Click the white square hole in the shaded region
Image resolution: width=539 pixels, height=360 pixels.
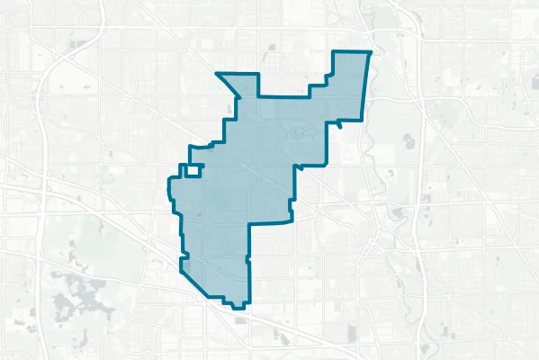[191, 170]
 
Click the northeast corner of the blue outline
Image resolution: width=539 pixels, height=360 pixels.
[371, 52]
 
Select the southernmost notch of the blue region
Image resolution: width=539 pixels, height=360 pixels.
[238, 306]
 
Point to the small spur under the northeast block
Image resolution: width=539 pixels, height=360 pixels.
[340, 127]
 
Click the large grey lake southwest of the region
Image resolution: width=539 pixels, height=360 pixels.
[81, 292]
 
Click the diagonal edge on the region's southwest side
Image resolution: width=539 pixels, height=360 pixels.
[202, 283]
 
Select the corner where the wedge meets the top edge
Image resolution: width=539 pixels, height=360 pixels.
[258, 94]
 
